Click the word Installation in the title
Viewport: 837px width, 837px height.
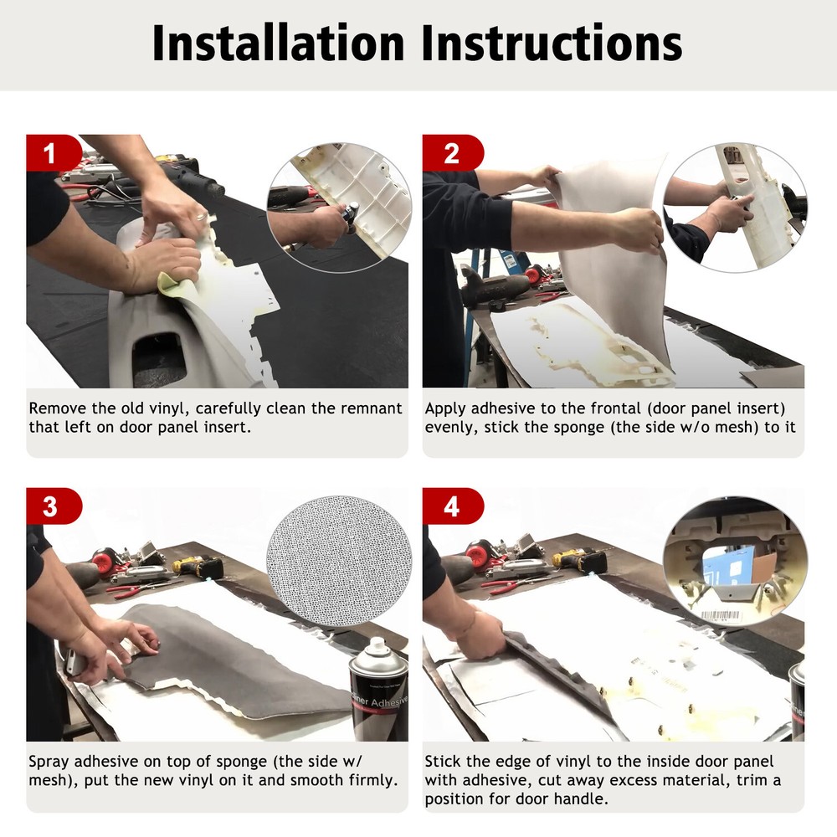coord(278,44)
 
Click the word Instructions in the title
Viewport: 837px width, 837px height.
coord(552,44)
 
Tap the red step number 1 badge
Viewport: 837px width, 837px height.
coord(54,153)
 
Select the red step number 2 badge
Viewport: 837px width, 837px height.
coord(453,153)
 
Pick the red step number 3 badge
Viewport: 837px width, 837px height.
coord(54,506)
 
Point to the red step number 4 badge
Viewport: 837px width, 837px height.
coord(453,506)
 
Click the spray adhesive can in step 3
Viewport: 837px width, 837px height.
coord(378,689)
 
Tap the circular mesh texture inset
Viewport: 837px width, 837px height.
coord(340,561)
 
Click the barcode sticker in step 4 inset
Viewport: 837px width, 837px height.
coord(721,615)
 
